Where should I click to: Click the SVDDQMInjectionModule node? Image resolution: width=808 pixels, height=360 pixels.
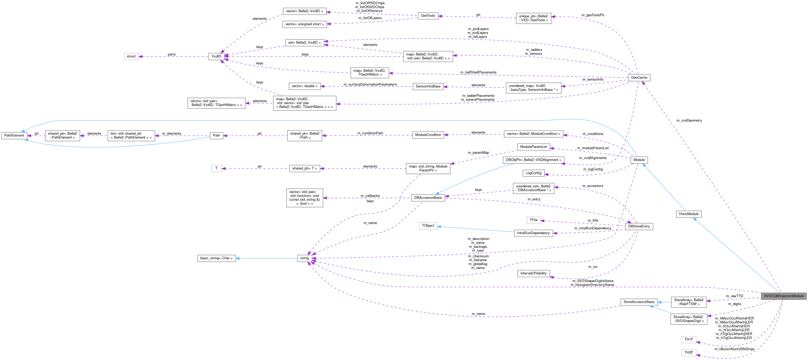click(783, 296)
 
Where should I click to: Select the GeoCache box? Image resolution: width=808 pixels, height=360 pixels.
click(639, 77)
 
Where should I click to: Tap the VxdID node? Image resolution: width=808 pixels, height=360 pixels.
click(216, 56)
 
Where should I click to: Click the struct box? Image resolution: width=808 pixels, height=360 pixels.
click(131, 56)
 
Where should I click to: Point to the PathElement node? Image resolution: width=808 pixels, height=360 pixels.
click(14, 135)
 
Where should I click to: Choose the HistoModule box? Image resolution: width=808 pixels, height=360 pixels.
click(688, 214)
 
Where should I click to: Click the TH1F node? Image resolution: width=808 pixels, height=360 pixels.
click(688, 339)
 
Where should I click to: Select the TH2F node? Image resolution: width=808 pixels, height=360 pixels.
click(688, 353)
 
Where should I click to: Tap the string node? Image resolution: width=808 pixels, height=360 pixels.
click(304, 258)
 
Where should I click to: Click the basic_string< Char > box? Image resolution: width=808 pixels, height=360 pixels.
click(216, 258)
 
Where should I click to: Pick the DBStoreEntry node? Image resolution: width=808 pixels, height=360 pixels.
click(639, 226)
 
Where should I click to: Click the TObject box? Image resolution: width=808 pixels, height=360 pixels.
click(428, 226)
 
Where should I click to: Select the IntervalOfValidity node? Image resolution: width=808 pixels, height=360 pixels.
click(533, 273)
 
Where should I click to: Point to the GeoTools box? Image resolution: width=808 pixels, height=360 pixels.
click(428, 15)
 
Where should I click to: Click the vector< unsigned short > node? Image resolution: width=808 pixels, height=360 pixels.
click(304, 24)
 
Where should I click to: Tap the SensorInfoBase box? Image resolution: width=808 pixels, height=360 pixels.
click(428, 86)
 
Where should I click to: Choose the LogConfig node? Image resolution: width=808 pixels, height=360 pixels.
click(533, 173)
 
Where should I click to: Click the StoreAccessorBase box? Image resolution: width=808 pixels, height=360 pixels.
click(639, 302)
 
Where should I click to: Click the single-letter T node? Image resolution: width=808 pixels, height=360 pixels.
click(216, 168)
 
